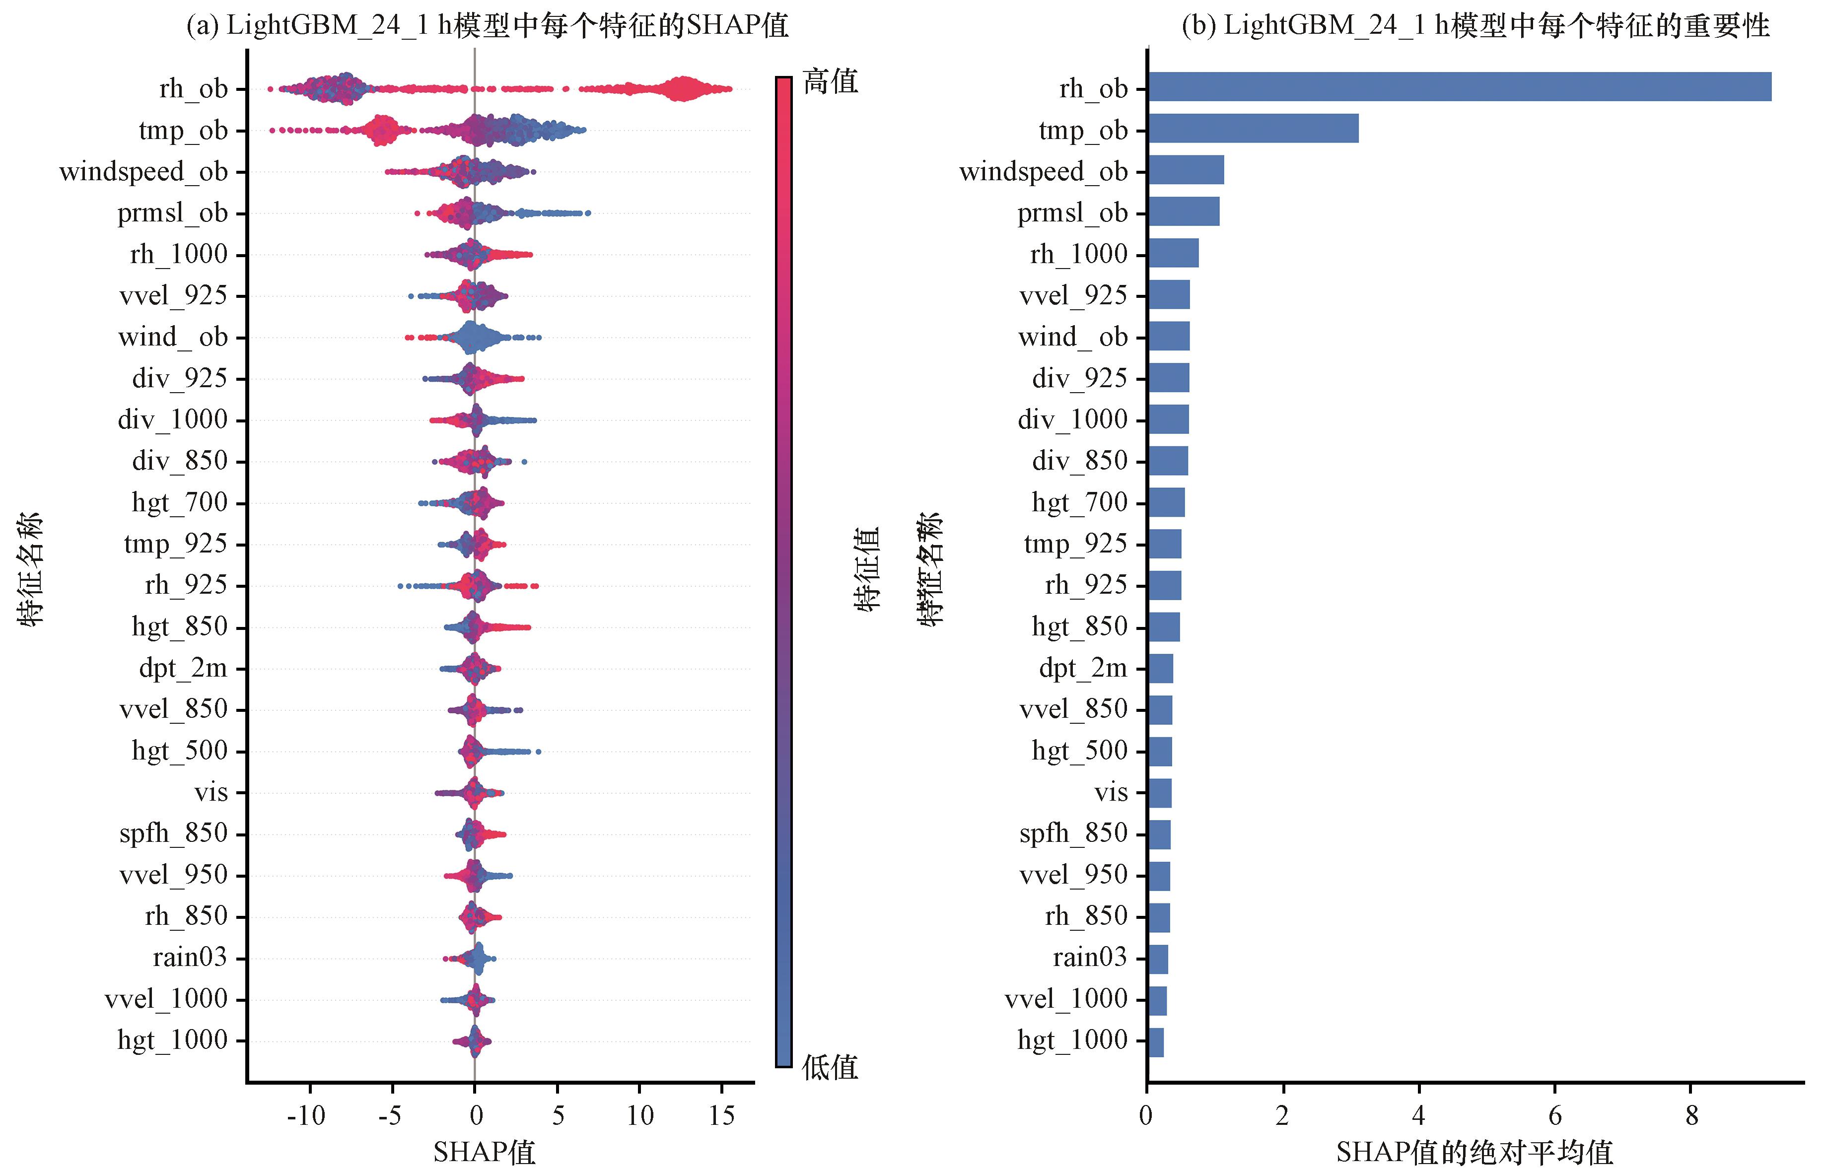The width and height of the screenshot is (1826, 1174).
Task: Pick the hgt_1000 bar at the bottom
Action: (x=1155, y=1042)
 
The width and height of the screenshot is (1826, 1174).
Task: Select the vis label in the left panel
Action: (x=211, y=792)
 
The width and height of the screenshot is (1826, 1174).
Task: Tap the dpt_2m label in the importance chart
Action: (x=1083, y=668)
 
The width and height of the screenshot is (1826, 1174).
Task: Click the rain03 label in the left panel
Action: (x=190, y=957)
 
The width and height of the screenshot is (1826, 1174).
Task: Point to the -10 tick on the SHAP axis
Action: (x=306, y=1116)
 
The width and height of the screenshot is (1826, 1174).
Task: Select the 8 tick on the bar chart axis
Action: (x=1691, y=1116)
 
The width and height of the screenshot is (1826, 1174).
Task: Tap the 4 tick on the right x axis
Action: (x=1418, y=1116)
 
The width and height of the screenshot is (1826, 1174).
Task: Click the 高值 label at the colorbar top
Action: (x=830, y=81)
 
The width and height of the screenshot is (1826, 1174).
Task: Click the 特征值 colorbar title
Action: (x=867, y=569)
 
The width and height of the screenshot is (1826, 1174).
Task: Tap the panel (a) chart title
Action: (x=487, y=25)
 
